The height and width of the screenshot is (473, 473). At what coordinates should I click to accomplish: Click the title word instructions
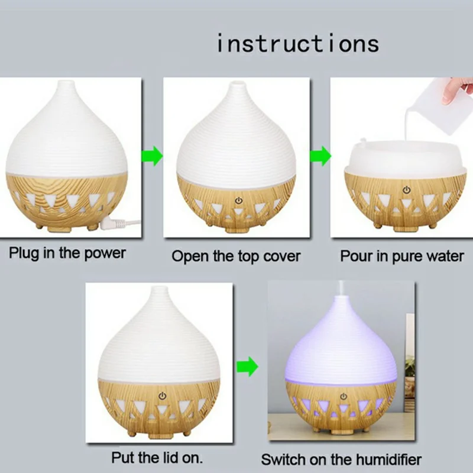point(297,44)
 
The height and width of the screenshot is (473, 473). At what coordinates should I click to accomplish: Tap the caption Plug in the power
point(67,253)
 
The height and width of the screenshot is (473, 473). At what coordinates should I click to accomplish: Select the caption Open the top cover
point(236,256)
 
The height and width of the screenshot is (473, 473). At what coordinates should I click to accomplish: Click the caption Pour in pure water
point(402,256)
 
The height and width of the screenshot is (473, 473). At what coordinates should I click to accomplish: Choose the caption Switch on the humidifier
point(341,459)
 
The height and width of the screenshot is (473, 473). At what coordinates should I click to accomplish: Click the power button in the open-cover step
point(238,200)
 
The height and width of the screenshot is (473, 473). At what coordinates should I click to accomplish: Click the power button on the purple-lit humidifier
point(343,396)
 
